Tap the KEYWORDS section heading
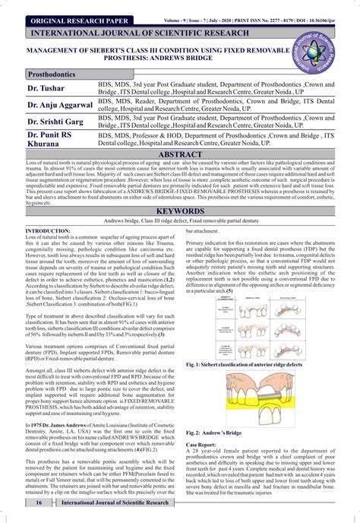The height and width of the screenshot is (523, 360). (180, 211)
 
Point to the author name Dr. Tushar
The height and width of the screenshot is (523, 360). (47, 90)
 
